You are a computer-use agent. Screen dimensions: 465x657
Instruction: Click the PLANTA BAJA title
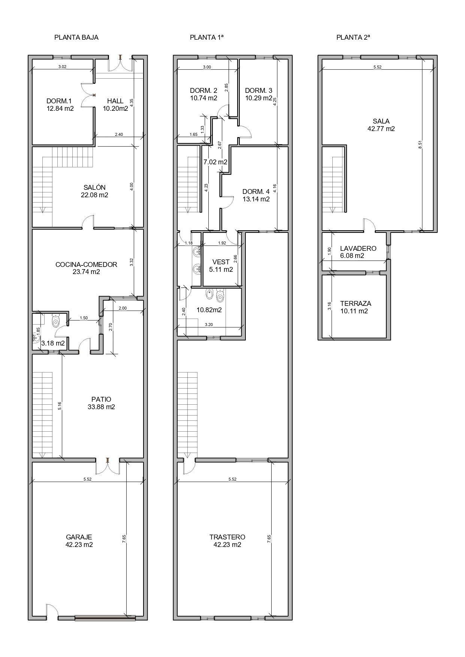[x=76, y=37]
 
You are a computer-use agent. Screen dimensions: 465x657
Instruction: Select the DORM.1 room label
[x=59, y=101]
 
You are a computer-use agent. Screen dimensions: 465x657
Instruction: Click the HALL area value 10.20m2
[x=115, y=109]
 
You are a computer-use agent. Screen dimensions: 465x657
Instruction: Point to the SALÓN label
[x=94, y=187]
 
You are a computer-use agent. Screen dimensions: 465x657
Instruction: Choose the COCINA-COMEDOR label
[x=86, y=264]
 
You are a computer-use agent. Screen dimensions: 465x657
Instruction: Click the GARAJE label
[x=79, y=537]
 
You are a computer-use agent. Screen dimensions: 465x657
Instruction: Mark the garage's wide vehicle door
[x=105, y=618]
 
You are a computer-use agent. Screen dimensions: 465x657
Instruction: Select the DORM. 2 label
[x=203, y=91]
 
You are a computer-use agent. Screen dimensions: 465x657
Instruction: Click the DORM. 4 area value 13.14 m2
[x=256, y=199]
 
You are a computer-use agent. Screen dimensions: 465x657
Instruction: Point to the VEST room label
[x=221, y=262]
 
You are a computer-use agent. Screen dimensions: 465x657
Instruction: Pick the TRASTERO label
[x=227, y=537]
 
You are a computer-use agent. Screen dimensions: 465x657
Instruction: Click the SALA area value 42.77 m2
[x=381, y=129]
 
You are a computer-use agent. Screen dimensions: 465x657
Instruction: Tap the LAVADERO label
[x=358, y=249]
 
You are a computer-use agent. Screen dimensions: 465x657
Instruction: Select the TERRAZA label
[x=356, y=304]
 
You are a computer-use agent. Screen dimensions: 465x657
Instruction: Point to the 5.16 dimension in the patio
[x=60, y=406]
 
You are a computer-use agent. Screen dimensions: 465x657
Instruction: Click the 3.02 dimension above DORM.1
[x=62, y=67]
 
